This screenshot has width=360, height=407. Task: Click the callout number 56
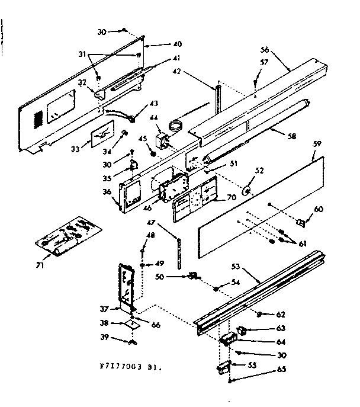tap(265, 50)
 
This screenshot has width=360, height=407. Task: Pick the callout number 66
tap(156, 325)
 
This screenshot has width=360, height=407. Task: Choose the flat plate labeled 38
tap(135, 323)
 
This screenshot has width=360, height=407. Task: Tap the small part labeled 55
tap(223, 367)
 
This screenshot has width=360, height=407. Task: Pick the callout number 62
tap(280, 314)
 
